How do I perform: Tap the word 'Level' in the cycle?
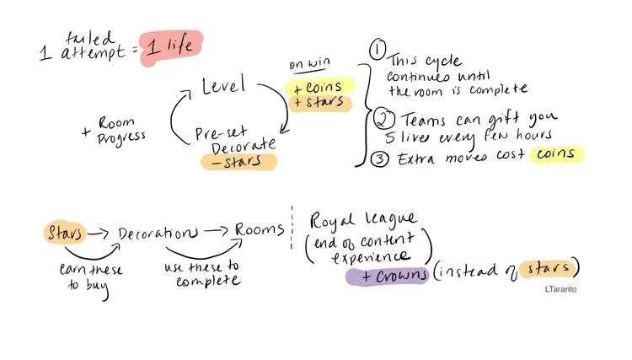point(222,86)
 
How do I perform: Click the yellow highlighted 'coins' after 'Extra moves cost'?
point(556,153)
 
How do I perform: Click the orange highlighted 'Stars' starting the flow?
point(64,230)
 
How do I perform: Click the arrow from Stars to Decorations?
point(99,232)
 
